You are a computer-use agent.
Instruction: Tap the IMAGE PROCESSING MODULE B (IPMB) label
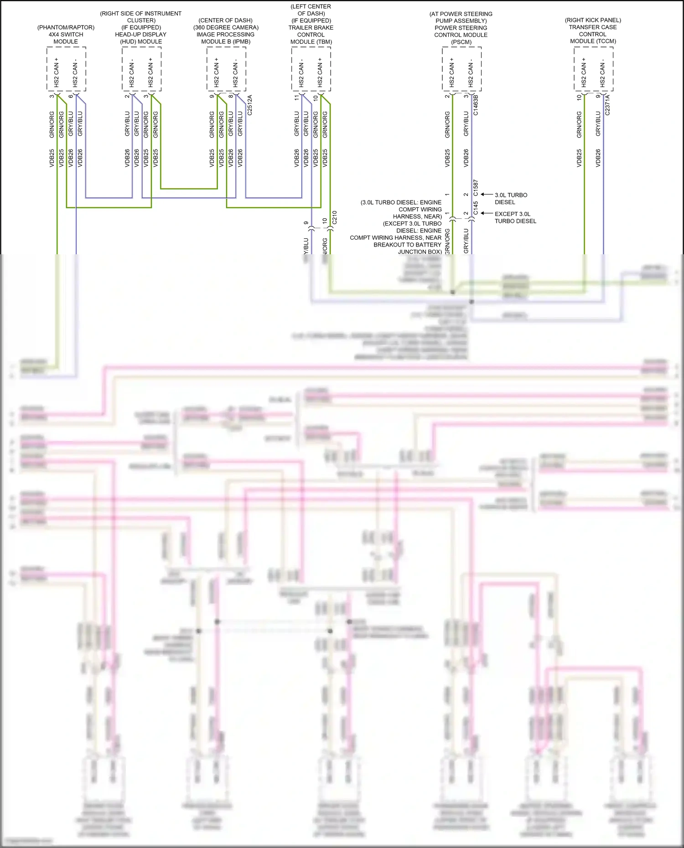pos(226,38)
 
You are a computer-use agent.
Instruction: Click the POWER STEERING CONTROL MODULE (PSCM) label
pos(461,35)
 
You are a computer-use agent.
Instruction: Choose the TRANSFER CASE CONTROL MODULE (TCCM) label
pos(593,34)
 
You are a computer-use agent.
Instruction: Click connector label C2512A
pos(249,105)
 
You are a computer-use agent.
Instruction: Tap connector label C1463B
pos(476,105)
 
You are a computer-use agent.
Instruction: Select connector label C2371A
pos(607,105)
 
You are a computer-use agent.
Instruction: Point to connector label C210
pos(334,217)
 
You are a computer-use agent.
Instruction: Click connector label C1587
pos(476,188)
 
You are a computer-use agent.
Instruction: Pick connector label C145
pos(476,208)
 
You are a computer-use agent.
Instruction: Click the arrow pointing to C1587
pos(487,195)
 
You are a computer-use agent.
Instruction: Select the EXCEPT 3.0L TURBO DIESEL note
pos(515,217)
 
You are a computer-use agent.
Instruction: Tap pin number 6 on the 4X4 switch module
pos(71,96)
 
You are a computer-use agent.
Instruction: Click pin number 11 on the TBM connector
pos(297,98)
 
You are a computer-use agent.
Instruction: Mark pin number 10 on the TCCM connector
pos(579,97)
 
